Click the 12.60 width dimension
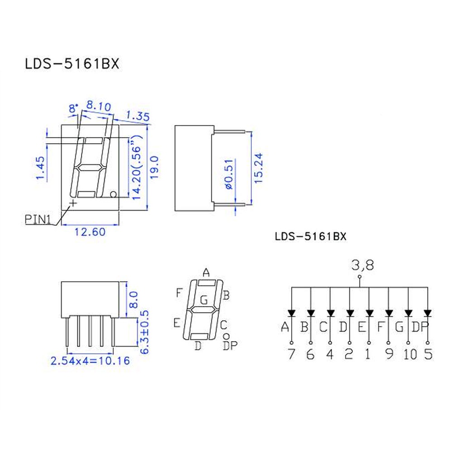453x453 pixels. (90, 231)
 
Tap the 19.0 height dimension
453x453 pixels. (154, 167)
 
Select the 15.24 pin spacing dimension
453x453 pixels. (258, 168)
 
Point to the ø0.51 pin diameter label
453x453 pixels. (228, 174)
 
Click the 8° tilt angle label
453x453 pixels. (73, 108)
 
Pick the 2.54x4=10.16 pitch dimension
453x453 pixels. (90, 361)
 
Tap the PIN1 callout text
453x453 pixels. (38, 220)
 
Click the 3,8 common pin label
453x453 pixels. (362, 265)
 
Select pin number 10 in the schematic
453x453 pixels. (410, 354)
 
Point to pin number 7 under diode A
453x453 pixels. (291, 354)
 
